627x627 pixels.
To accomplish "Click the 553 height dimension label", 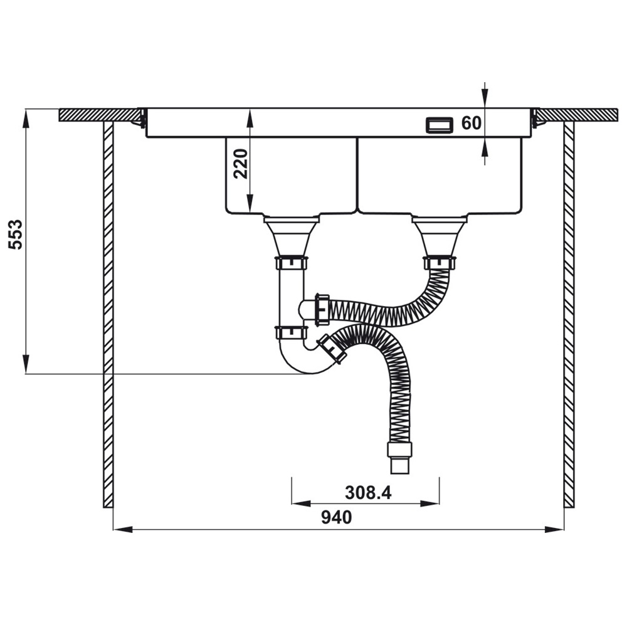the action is tap(16, 234).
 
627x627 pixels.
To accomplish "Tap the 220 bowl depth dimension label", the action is tap(241, 164).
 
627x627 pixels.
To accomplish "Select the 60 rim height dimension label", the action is tap(472, 123).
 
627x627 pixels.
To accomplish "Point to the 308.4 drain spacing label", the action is tap(368, 493).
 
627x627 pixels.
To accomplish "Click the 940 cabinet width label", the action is tap(337, 517).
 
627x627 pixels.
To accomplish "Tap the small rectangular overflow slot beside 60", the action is tap(439, 125).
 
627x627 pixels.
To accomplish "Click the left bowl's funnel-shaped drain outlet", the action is tap(292, 236).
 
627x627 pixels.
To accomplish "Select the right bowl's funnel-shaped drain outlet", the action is tap(440, 236).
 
